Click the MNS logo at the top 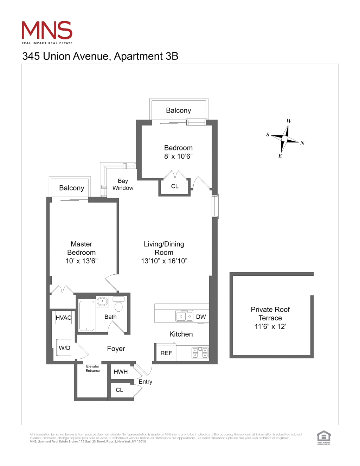point(47,32)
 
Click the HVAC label point(64,318)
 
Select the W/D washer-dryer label point(64,348)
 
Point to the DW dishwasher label point(201,317)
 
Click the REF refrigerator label point(166,353)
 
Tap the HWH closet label point(121,372)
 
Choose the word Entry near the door point(146,382)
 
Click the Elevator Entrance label point(93,369)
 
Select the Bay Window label point(123,184)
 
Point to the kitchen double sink point(184,316)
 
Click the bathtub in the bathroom point(86,315)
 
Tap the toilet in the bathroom point(118,305)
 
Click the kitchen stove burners point(200,352)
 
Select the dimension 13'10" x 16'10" point(164,261)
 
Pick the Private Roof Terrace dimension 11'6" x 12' point(270,326)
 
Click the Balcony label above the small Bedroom point(178,110)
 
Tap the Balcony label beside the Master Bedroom point(72,188)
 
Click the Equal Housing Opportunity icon point(323,438)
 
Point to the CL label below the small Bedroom point(175,186)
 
